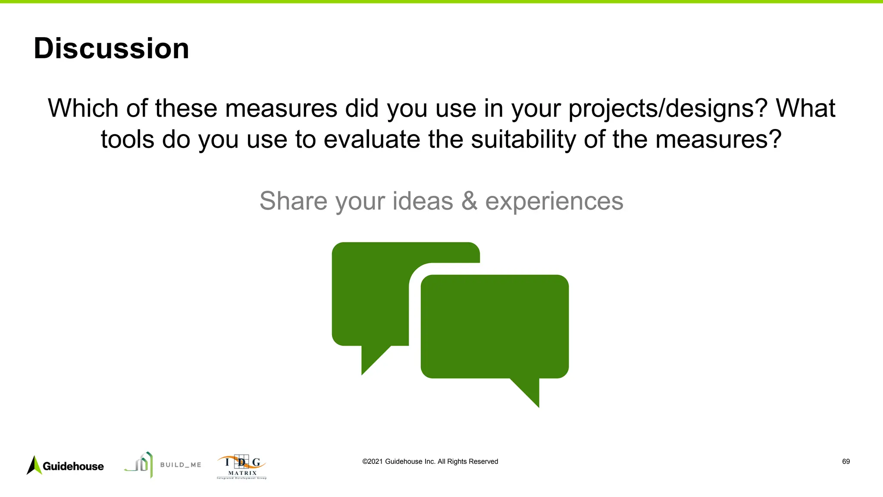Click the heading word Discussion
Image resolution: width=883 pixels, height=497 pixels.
[111, 48]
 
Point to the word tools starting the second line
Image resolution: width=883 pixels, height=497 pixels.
[127, 140]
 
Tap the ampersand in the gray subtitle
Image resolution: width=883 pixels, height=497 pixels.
[469, 201]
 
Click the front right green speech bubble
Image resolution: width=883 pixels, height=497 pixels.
[494, 326]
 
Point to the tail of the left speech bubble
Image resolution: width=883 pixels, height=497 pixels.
[372, 358]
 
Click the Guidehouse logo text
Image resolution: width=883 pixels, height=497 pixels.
[73, 466]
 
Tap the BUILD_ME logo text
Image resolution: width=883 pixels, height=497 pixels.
[181, 465]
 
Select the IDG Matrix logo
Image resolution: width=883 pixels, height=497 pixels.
[241, 467]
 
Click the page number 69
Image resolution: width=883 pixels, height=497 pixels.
[845, 462]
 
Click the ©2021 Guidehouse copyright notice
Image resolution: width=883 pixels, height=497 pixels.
[430, 462]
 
